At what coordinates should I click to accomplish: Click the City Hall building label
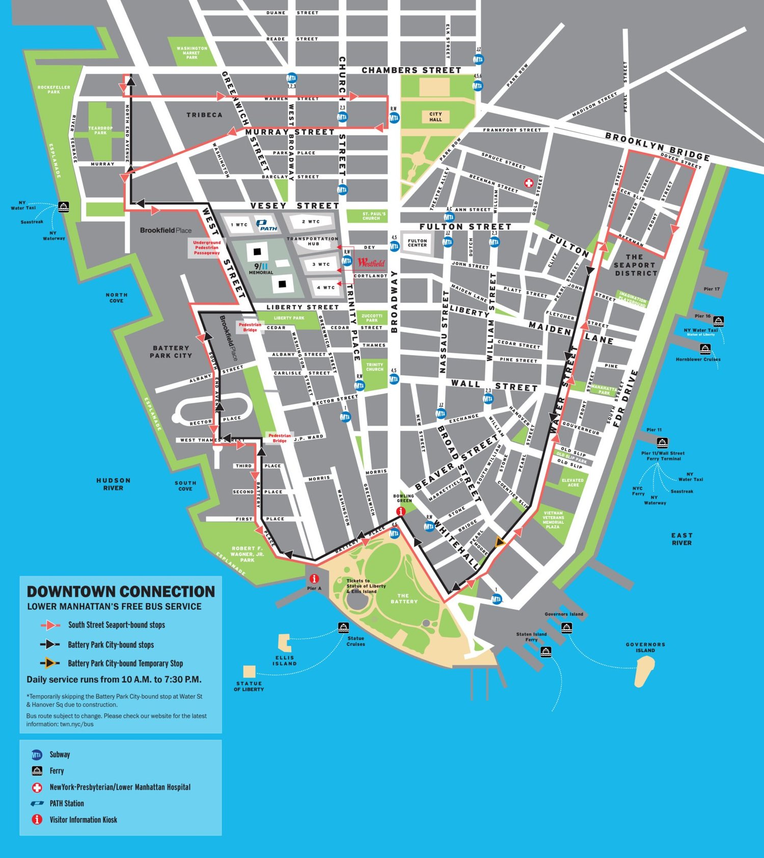(435, 117)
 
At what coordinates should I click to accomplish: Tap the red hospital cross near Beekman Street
(529, 183)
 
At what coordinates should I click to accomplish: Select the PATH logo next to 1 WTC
(266, 225)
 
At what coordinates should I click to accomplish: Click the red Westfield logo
(371, 263)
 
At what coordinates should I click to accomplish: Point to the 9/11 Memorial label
(261, 268)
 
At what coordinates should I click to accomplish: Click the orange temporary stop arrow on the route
(501, 542)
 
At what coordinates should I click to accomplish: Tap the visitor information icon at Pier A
(314, 578)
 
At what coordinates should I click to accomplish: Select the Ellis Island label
(284, 660)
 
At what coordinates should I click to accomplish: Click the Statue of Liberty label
(249, 686)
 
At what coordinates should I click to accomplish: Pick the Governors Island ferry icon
(566, 628)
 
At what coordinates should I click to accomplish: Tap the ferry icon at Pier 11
(662, 442)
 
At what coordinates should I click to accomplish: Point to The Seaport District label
(635, 265)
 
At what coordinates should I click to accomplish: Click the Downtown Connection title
(121, 591)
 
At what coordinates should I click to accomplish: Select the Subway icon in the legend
(37, 755)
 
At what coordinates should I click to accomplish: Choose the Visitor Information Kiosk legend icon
(37, 819)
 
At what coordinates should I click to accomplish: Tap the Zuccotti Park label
(372, 318)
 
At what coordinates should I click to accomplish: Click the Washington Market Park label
(192, 53)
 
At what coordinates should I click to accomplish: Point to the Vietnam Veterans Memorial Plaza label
(553, 520)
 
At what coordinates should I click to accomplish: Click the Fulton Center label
(417, 243)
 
